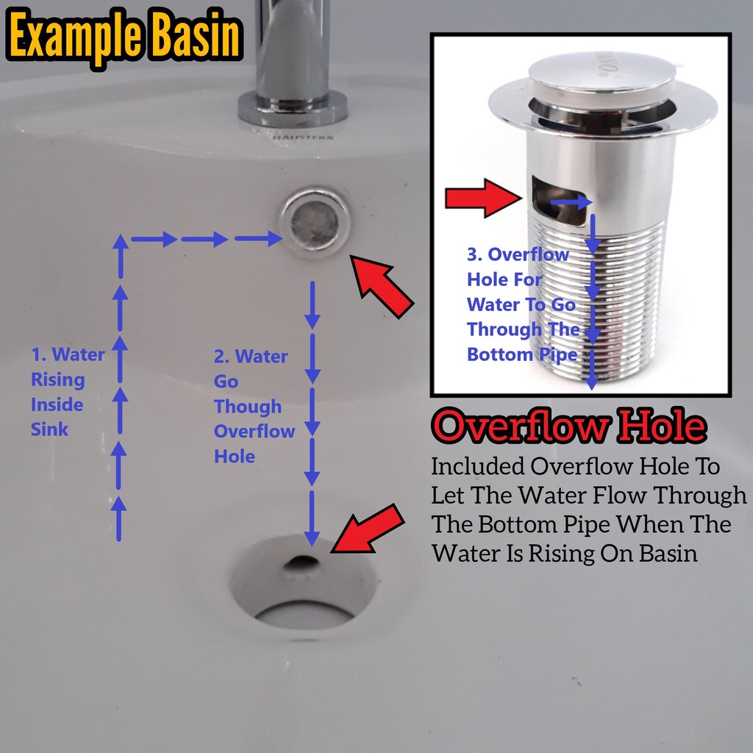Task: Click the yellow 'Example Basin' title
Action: coord(124,37)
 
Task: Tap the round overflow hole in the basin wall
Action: coord(315,222)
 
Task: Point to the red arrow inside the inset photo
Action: coord(483,198)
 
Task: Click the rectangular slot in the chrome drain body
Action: coord(559,200)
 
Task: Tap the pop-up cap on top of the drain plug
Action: coord(603,71)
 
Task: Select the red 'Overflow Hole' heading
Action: coord(569,426)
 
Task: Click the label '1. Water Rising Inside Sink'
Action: coord(68,391)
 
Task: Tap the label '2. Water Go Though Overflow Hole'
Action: coord(254,406)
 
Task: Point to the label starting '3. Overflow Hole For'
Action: coord(523,304)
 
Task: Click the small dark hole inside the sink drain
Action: coord(302,562)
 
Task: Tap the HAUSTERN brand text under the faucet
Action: coord(302,138)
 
